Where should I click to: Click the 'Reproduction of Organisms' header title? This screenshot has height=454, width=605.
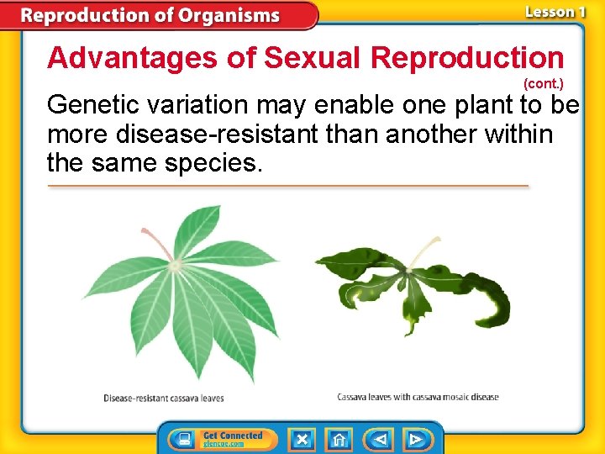click(x=151, y=15)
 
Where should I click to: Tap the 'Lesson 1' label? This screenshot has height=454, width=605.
click(x=554, y=13)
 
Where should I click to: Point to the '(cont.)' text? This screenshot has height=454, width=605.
click(x=543, y=85)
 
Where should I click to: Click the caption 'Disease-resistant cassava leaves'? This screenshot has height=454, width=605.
click(x=164, y=398)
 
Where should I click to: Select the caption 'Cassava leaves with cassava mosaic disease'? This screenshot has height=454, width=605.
click(x=418, y=397)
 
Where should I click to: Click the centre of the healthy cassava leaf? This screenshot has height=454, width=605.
click(x=176, y=266)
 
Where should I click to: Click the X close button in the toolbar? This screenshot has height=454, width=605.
click(x=302, y=440)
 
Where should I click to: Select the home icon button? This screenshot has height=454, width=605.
click(x=339, y=440)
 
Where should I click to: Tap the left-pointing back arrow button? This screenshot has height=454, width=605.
click(x=379, y=440)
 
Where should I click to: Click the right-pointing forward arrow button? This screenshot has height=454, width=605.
click(x=417, y=440)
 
